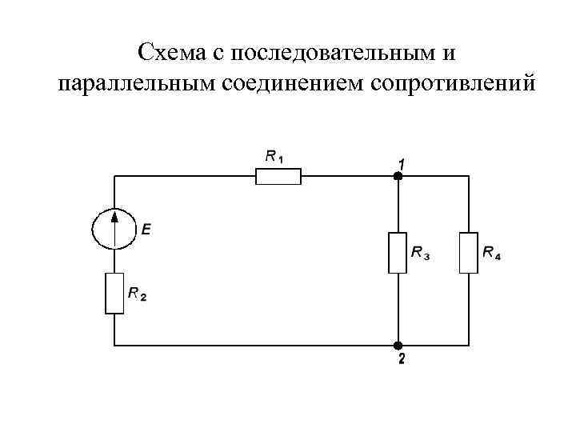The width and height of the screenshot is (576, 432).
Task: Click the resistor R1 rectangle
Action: tap(278, 176)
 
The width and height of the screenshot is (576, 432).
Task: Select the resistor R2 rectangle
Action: tap(114, 293)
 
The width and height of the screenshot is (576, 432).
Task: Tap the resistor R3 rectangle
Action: tap(398, 253)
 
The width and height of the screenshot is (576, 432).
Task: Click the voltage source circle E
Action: tap(114, 228)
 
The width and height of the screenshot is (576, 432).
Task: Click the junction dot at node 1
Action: tap(398, 176)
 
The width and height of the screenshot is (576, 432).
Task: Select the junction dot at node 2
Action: tap(398, 346)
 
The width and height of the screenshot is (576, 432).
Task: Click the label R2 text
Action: tap(137, 295)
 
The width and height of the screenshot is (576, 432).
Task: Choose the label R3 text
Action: tap(420, 254)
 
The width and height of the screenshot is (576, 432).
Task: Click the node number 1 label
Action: tap(401, 162)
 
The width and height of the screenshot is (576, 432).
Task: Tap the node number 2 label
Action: tap(401, 359)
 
